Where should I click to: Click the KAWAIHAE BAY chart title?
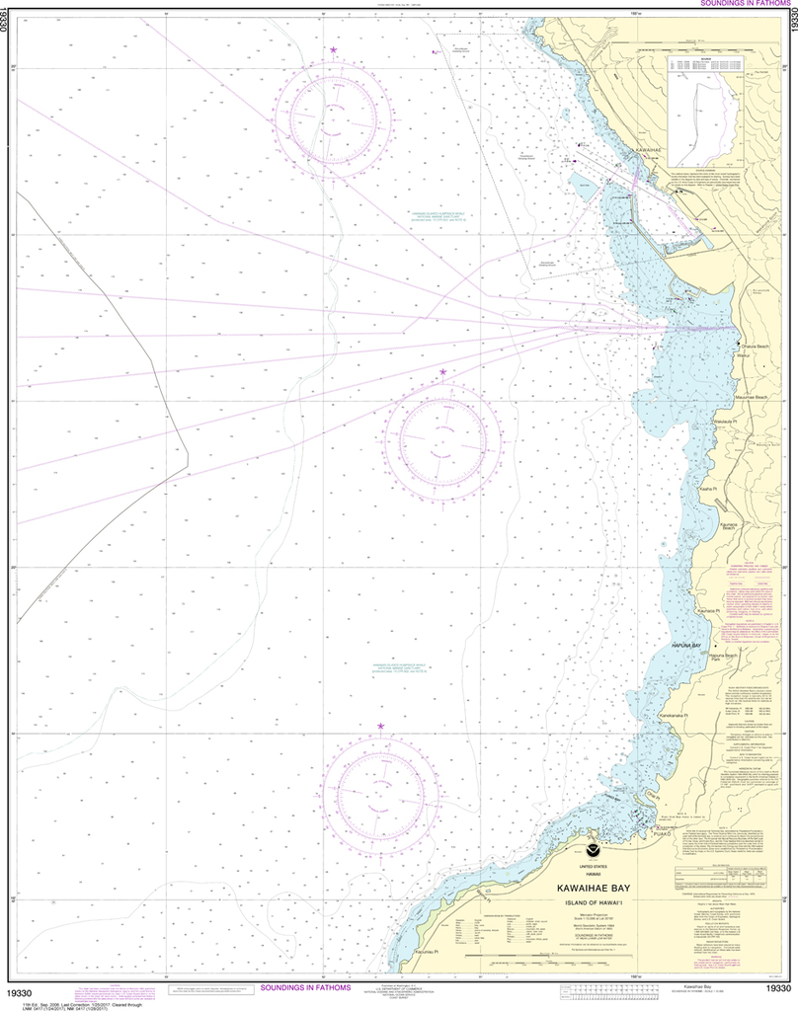[593, 888]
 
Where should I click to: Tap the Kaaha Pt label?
[707, 489]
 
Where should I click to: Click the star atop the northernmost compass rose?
[333, 49]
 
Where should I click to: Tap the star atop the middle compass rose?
[442, 372]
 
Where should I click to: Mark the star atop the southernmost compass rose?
[380, 727]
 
